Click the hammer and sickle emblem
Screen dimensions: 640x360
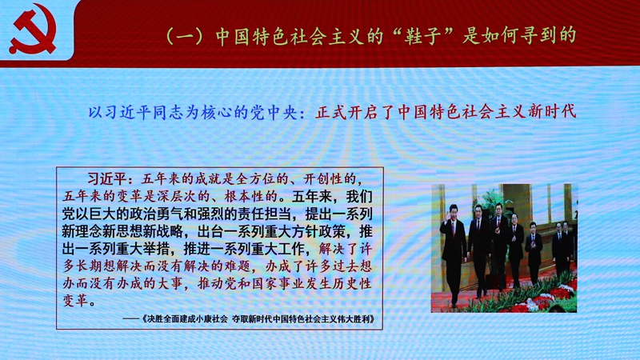33,30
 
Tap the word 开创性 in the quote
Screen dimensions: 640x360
324,178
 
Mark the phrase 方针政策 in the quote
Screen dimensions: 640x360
318,231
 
